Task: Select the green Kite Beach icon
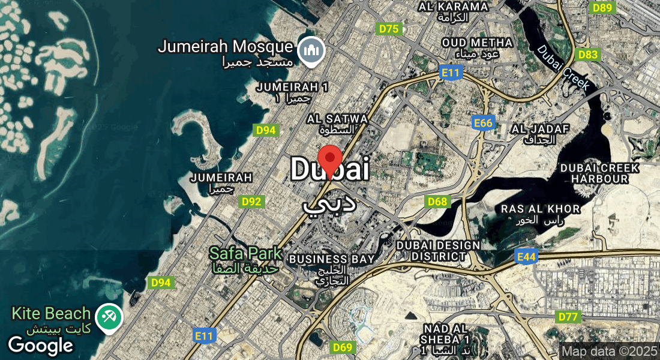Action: coord(109,316)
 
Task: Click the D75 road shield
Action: coord(389,28)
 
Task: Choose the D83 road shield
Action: coord(587,55)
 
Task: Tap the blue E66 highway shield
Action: coord(482,123)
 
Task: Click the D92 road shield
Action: coord(251,202)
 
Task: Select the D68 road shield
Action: coord(437,202)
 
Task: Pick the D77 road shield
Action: coord(568,317)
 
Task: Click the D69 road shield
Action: coord(342,347)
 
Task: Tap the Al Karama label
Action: coord(454,11)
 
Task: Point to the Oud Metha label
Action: coord(477,48)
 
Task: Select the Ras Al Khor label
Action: coord(541,214)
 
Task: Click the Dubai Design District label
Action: coord(438,250)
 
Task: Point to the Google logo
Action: coord(40,346)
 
